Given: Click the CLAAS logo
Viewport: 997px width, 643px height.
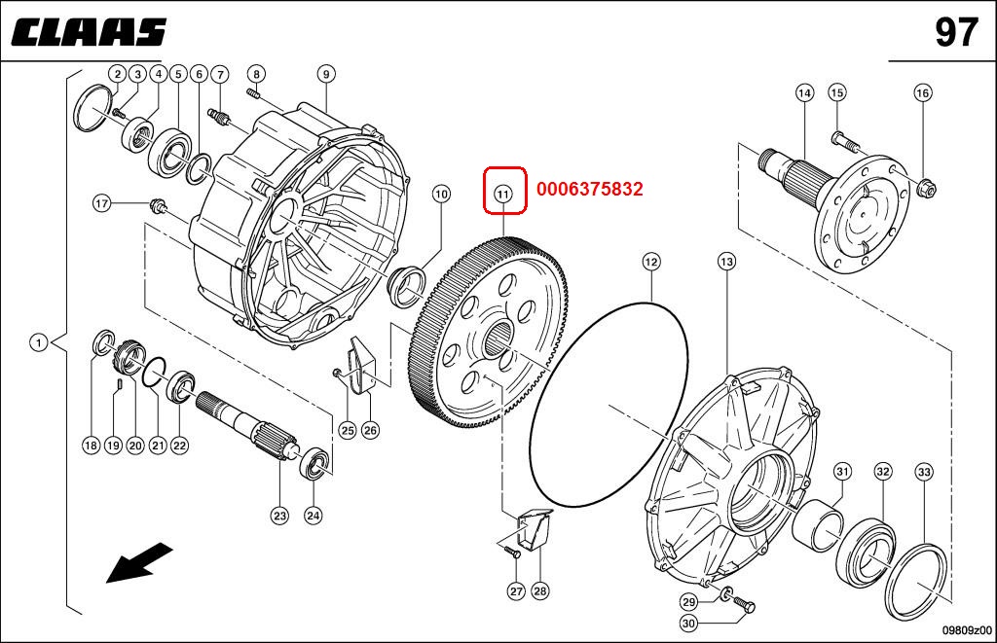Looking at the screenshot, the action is click(x=89, y=32).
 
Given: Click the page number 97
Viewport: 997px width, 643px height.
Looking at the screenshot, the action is click(x=956, y=32).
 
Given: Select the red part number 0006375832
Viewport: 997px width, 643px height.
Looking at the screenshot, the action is click(x=589, y=189).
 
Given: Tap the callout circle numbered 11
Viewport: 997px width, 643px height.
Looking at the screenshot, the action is click(x=503, y=194).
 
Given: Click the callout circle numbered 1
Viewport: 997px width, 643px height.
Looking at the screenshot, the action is click(x=39, y=343).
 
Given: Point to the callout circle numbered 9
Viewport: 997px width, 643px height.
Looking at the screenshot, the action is click(x=326, y=74).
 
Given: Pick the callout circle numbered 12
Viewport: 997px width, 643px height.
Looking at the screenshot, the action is click(x=651, y=261).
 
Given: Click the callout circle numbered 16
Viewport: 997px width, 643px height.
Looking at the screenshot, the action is click(x=923, y=92).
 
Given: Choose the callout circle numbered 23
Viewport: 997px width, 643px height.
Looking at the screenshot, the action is click(x=279, y=516).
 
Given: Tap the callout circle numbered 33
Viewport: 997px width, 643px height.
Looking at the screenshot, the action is click(x=924, y=472).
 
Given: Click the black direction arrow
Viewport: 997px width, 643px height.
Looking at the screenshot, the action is click(x=139, y=561).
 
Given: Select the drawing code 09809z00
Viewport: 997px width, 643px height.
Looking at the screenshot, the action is click(x=967, y=630).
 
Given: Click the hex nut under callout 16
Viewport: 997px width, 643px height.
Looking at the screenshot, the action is click(x=928, y=188).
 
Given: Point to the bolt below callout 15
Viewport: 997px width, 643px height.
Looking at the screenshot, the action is click(x=844, y=140).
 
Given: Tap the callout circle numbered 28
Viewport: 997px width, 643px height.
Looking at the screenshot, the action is click(x=539, y=590).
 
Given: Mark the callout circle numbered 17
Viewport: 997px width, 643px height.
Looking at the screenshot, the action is click(x=101, y=203).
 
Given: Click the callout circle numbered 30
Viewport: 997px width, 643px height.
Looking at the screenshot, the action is click(x=688, y=624).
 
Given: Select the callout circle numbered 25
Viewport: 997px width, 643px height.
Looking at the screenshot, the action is click(x=348, y=430).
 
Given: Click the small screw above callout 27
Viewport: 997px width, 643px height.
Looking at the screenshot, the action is click(x=512, y=551).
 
